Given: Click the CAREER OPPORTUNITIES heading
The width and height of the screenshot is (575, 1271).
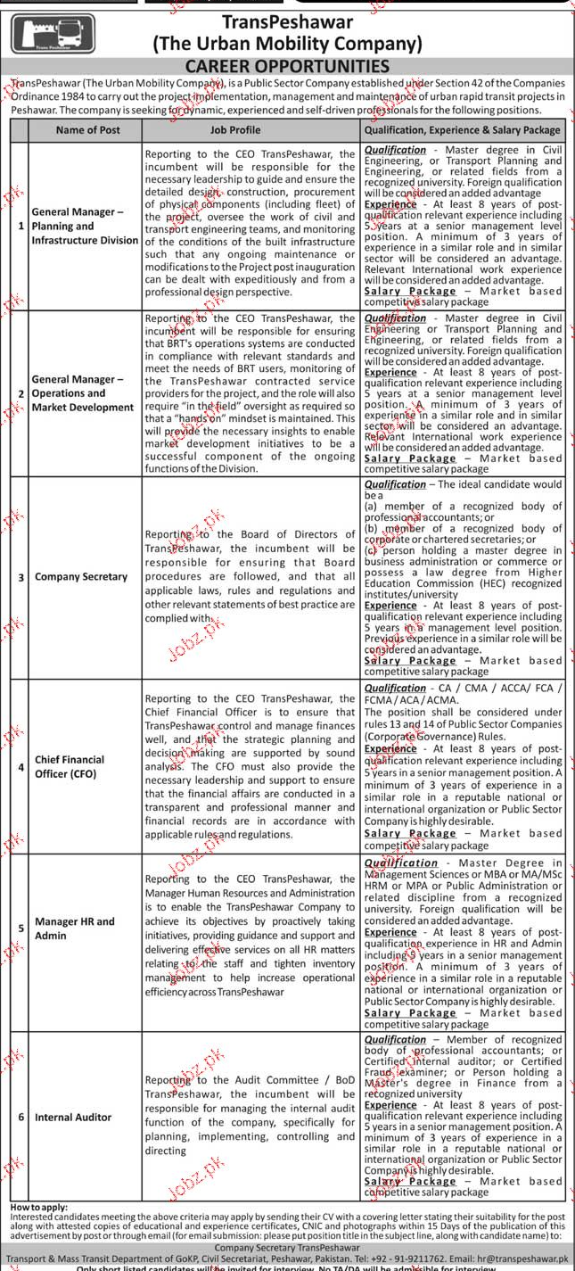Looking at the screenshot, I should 286,66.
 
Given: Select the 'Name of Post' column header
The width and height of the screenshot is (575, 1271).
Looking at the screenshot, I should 87,130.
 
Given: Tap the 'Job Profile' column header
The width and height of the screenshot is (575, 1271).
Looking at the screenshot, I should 235,130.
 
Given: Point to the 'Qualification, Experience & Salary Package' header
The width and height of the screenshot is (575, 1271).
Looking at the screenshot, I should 462,130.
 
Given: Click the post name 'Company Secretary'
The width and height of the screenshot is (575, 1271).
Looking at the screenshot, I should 81,577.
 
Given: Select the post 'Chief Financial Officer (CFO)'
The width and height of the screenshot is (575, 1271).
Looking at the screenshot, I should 70,767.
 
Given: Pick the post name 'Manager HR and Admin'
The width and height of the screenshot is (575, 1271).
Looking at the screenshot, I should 75,928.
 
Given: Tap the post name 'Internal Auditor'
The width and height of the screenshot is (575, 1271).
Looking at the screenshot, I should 73,1117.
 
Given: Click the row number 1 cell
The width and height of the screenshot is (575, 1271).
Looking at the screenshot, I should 20,227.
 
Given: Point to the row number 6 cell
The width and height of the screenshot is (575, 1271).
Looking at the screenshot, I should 20,1117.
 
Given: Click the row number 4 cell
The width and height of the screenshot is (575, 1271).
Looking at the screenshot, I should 20,767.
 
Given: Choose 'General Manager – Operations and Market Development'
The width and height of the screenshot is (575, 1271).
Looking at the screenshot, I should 83,393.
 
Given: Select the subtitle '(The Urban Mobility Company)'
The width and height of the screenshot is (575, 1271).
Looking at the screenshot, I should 287,43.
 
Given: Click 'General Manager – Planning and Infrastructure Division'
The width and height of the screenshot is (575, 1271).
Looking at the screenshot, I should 85,227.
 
